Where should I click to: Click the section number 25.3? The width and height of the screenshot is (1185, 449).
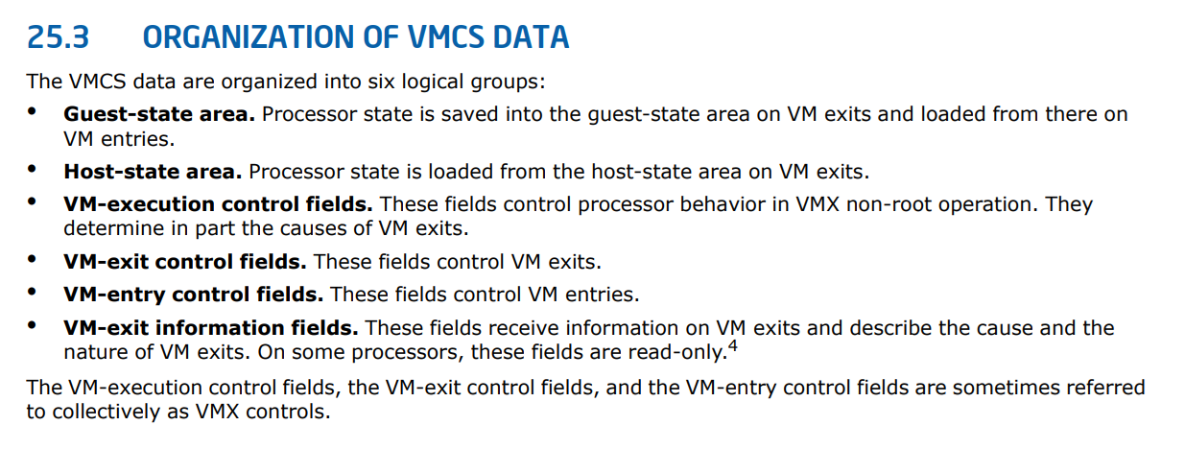(59, 37)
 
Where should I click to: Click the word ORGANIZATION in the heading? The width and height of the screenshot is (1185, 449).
(249, 37)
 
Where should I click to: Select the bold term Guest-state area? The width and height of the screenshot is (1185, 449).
(159, 114)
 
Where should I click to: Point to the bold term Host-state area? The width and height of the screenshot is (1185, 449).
(153, 172)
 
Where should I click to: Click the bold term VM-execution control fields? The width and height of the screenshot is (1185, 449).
(218, 204)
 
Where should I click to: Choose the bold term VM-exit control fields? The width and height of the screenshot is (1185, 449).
(185, 262)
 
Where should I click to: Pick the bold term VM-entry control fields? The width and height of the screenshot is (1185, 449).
(194, 295)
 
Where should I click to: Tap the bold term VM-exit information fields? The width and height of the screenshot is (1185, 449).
(211, 328)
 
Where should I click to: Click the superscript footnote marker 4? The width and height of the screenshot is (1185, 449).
(733, 346)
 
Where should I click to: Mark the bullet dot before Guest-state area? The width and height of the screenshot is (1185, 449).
(33, 111)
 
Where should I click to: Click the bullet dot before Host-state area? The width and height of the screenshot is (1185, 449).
(33, 169)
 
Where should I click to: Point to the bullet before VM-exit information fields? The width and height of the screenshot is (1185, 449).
(33, 324)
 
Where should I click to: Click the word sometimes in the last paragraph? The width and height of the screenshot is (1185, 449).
(1006, 388)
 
